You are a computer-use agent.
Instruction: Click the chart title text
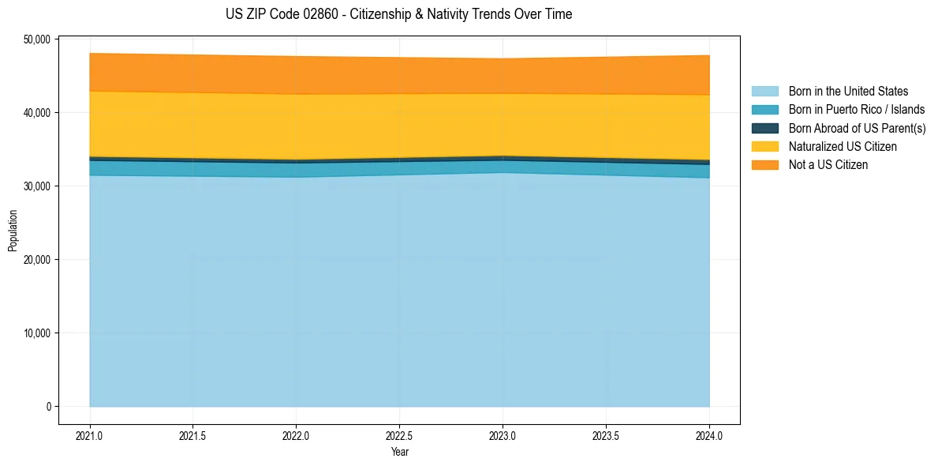coord(398,14)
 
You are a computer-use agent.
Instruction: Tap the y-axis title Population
coord(12,230)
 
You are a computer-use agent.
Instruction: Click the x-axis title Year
coord(399,453)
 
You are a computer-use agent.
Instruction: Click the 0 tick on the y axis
coord(47,406)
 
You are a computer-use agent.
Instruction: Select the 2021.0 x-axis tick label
coord(89,435)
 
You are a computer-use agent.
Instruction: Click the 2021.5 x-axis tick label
coord(192,435)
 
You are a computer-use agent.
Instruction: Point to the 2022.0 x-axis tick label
coord(296,435)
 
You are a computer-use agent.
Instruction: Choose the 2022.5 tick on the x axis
coord(399,435)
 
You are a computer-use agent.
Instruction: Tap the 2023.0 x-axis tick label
coord(503,435)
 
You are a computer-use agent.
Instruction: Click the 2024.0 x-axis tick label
coord(709,435)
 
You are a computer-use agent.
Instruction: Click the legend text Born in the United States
coord(848,92)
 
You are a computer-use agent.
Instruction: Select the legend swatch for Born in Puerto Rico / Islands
coord(764,110)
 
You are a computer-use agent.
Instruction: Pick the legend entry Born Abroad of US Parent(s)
coord(857,128)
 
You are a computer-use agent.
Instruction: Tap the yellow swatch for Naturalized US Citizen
coord(764,146)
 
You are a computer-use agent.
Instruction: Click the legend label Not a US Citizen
coord(828,164)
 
